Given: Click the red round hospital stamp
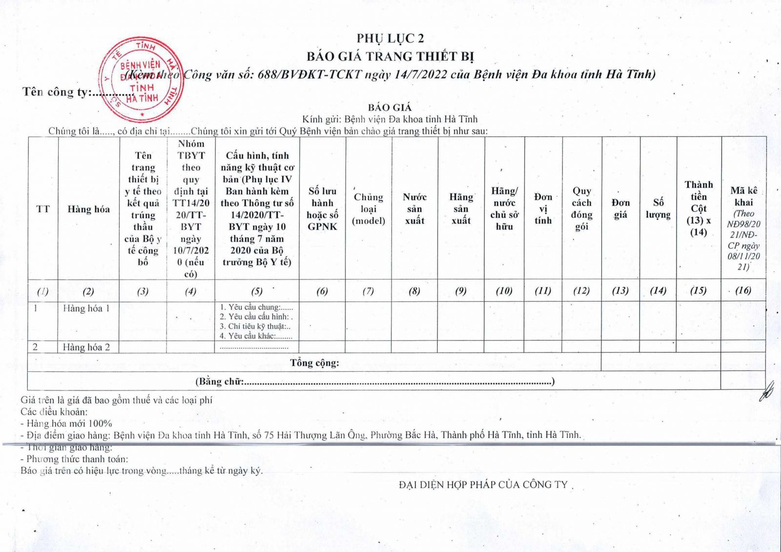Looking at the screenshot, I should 141,80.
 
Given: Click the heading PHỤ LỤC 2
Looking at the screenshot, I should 390,39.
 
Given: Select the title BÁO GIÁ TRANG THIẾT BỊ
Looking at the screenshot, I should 390,57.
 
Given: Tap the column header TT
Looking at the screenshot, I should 43,209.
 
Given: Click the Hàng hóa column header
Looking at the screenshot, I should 88,209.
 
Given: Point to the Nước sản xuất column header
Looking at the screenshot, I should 414,209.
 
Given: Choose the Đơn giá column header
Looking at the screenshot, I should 620,209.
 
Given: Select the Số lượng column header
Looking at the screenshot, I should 658,209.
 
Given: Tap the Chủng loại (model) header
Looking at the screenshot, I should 369,209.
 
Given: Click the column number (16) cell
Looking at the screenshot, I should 743,290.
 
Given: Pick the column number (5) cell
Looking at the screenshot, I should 257,291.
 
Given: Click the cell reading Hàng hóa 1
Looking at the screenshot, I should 86,308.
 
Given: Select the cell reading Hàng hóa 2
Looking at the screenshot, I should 86,347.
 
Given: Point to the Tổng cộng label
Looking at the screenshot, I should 314,362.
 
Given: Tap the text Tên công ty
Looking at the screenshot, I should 55,92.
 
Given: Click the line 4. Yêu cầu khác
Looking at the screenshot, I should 256,336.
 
